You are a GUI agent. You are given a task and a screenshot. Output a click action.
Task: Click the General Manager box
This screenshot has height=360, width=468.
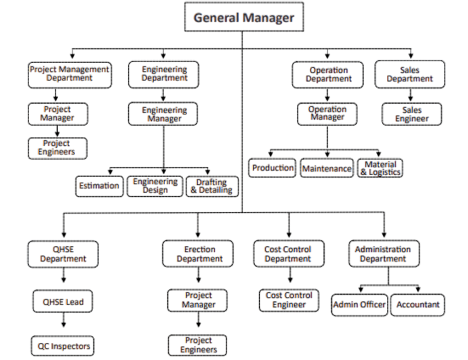pyautogui.click(x=244, y=17)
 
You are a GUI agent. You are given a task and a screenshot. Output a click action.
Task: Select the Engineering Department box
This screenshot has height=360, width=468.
pyautogui.click(x=164, y=75)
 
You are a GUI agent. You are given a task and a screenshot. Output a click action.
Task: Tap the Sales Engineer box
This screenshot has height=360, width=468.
pyautogui.click(x=412, y=114)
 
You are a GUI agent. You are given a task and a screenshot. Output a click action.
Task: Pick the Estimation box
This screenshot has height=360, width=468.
pyautogui.click(x=99, y=186)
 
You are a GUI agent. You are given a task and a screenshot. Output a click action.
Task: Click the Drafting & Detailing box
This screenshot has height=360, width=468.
pyautogui.click(x=212, y=187)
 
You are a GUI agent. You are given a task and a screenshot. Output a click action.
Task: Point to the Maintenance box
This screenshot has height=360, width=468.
pyautogui.click(x=327, y=168)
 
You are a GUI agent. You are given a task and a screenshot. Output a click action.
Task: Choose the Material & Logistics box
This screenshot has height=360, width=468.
pyautogui.click(x=380, y=168)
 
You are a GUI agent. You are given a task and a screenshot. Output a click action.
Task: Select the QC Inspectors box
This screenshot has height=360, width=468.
pyautogui.click(x=63, y=346)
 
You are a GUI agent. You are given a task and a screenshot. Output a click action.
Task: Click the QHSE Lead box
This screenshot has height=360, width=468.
pyautogui.click(x=63, y=301)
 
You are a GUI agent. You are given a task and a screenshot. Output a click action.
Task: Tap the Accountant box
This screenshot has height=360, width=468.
pyautogui.click(x=418, y=305)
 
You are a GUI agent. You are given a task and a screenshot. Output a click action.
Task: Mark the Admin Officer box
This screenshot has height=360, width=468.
pyautogui.click(x=359, y=305)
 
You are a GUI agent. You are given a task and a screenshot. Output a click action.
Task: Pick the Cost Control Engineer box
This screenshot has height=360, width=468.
pyautogui.click(x=289, y=300)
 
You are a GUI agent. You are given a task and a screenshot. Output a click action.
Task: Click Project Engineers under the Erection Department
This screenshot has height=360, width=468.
pyautogui.click(x=197, y=345)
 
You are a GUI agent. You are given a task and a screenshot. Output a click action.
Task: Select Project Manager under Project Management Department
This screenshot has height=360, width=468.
pyautogui.click(x=58, y=114)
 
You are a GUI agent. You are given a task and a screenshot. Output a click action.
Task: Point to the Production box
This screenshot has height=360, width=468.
pyautogui.click(x=272, y=168)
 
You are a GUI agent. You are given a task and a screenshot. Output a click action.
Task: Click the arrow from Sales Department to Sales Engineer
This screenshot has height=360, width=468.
pyautogui.click(x=411, y=95)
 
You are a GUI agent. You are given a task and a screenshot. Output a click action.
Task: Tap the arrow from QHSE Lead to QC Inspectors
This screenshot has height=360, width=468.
pyautogui.click(x=63, y=320)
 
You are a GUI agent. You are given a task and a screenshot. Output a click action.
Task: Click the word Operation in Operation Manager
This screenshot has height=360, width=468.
pyautogui.click(x=327, y=110)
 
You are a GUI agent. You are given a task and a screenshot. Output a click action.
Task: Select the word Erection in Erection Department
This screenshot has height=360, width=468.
pyautogui.click(x=200, y=250)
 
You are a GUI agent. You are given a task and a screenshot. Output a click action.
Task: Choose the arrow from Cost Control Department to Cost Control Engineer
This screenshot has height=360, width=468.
pyautogui.click(x=290, y=275)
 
